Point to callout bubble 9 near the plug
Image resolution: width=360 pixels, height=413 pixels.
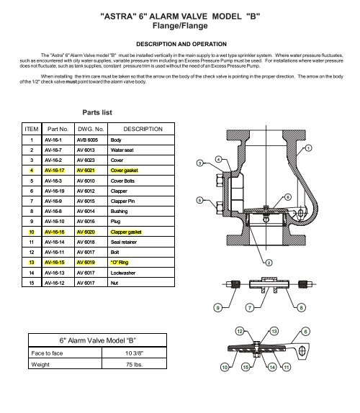(x=219, y=309)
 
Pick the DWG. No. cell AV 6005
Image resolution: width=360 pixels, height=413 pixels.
(x=86, y=140)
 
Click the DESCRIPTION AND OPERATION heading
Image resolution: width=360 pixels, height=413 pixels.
(x=180, y=45)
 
